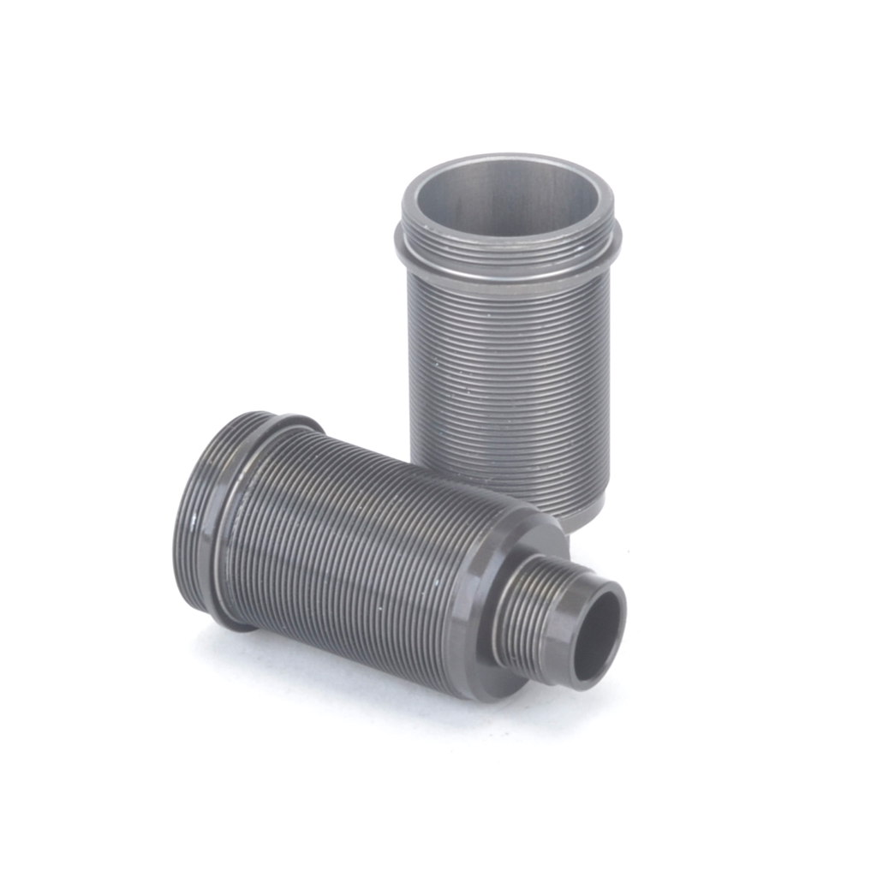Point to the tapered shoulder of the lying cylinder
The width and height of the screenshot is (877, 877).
tap(480, 600)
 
